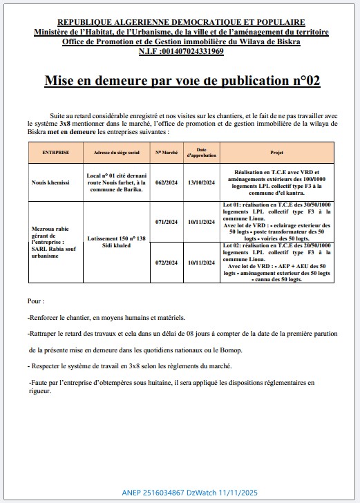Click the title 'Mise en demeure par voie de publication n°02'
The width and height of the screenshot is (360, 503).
point(182,81)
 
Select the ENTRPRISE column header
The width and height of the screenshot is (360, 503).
point(55,151)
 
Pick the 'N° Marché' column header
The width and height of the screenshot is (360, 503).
point(167,151)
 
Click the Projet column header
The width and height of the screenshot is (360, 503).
point(276,151)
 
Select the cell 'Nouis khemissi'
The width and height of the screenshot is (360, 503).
point(51,182)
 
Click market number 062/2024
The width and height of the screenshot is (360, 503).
point(167,182)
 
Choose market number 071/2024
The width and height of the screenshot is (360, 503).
point(167,222)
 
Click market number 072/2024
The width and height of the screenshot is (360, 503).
point(167,263)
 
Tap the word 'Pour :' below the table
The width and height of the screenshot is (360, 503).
point(36,301)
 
